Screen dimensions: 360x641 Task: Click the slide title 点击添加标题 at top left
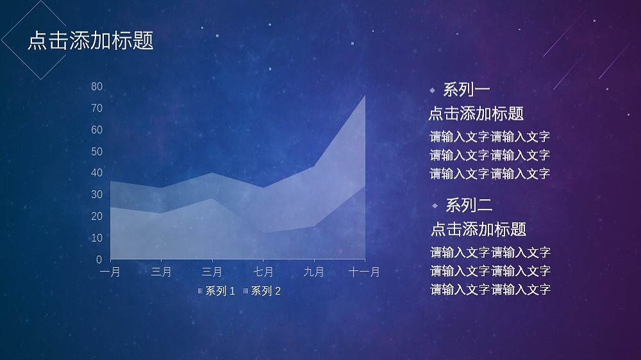[90, 41]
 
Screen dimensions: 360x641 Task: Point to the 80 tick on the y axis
[97, 86]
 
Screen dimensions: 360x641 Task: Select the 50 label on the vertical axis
[97, 152]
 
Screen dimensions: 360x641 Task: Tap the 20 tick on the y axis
[97, 217]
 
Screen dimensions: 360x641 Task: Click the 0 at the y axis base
[99, 259]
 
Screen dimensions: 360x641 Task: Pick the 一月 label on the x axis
[110, 272]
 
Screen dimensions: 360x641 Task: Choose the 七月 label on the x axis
[263, 272]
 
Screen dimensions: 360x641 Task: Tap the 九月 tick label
[313, 272]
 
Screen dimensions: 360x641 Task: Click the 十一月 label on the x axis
[364, 272]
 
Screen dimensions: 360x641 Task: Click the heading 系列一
[467, 90]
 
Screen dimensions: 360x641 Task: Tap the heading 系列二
[469, 206]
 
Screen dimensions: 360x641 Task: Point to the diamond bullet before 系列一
[432, 90]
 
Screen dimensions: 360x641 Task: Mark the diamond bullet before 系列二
[435, 206]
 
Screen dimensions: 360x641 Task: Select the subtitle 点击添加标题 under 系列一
[476, 114]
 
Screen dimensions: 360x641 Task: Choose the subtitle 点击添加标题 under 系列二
[478, 229]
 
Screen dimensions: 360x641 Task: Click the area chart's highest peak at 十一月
[364, 96]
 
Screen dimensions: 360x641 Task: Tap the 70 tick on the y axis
[97, 108]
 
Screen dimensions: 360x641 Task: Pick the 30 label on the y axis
[97, 195]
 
